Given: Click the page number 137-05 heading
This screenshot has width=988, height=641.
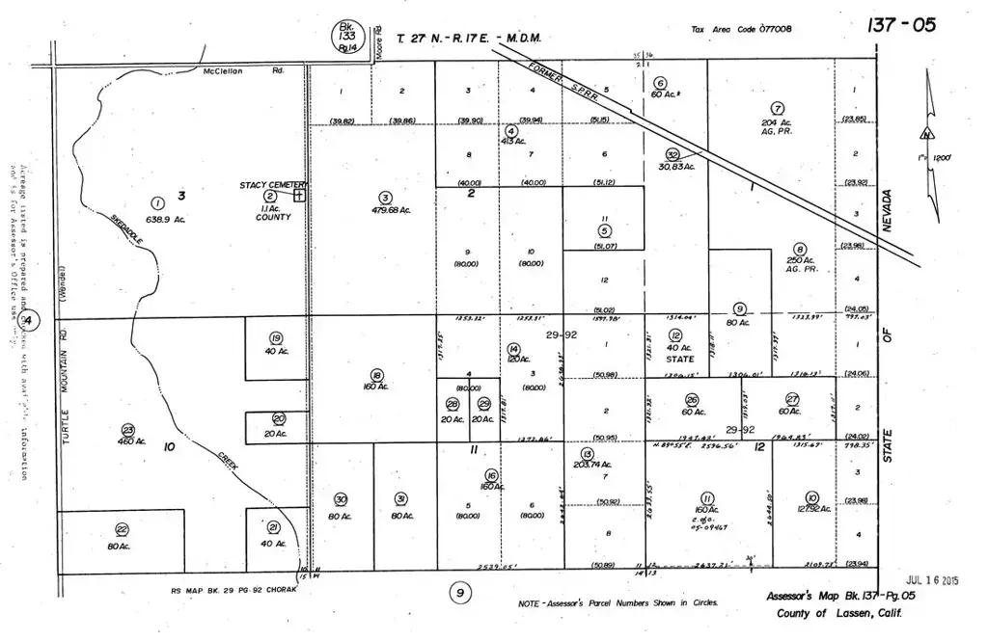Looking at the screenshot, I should coord(903,24).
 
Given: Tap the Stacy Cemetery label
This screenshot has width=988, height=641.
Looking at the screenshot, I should coord(273,184).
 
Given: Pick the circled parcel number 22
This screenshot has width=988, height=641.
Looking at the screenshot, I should coord(122,529).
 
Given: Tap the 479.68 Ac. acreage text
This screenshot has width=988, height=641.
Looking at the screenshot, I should coord(385,211).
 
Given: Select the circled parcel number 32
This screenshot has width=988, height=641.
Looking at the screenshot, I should coord(673,154).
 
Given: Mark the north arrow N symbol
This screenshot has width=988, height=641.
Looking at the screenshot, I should coord(927,134).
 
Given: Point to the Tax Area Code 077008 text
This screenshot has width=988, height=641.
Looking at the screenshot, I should coord(741,30).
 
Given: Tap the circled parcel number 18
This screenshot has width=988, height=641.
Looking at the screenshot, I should coord(376,374).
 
